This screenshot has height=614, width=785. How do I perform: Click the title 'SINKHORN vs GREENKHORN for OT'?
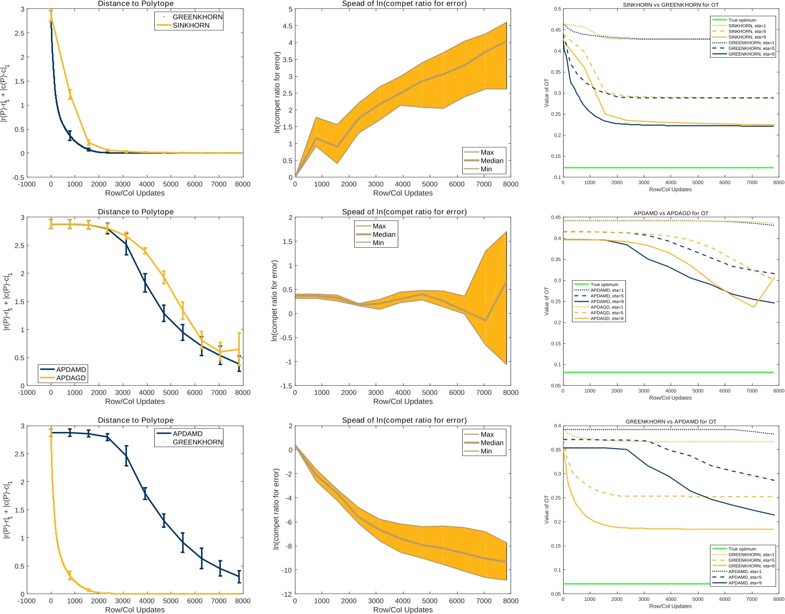[x=671, y=5]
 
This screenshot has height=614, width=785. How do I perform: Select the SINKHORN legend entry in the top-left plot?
[x=190, y=25]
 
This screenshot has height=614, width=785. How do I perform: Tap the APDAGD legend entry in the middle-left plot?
[x=71, y=378]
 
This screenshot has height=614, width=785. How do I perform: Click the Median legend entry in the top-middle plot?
[x=492, y=161]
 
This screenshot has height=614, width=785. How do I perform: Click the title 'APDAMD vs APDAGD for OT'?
[x=671, y=213]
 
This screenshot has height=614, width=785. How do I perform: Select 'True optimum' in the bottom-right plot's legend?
[x=743, y=549]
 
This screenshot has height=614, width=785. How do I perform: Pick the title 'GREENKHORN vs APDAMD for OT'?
[x=671, y=421]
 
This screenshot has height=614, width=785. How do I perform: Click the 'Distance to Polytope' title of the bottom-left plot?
[x=135, y=420]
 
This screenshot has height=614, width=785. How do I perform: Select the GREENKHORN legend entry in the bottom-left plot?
[x=197, y=442]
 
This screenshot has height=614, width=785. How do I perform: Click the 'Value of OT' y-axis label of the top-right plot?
[x=547, y=93]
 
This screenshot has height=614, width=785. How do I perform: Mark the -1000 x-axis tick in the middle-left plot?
[x=27, y=393]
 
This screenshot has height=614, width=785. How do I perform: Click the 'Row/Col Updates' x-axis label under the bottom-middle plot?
[x=402, y=609]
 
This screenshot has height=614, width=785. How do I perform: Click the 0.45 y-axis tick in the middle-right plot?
[x=555, y=217]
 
